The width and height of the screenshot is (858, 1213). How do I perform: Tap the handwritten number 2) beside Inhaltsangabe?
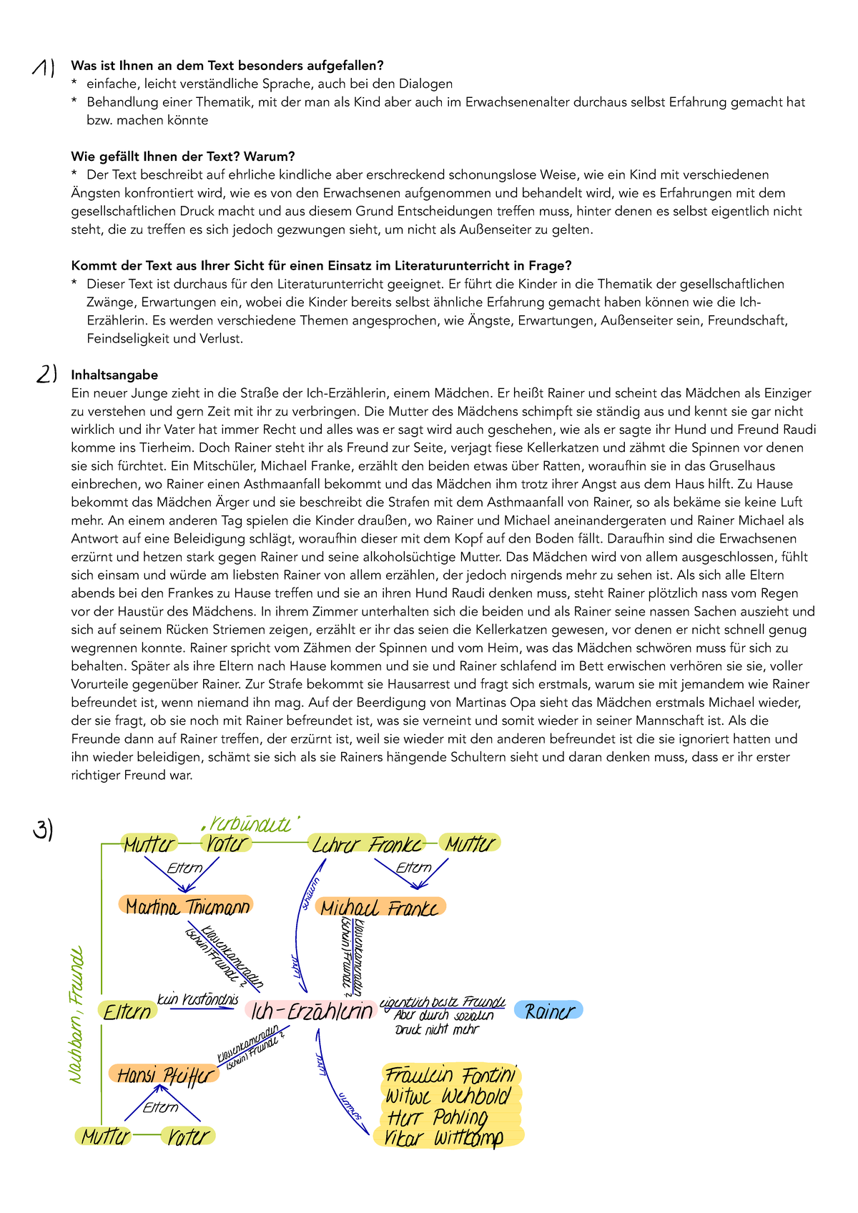46,375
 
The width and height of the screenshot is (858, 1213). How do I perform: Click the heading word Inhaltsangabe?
114,375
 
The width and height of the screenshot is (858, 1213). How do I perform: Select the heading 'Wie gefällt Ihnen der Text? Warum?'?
183,157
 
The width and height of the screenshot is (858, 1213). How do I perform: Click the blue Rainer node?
549,1011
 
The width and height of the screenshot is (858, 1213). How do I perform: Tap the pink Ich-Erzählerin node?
312,1011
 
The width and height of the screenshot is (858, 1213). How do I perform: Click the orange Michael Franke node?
380,908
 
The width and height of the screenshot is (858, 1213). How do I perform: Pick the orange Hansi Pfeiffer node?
164,1075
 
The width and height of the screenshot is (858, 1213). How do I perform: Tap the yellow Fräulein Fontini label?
450,1075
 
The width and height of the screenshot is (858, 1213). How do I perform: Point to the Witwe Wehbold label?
448,1096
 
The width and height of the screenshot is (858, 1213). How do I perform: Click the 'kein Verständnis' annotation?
197,999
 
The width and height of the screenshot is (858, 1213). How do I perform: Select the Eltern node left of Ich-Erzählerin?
128,1011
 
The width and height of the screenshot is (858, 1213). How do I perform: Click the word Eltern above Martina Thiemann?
184,868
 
